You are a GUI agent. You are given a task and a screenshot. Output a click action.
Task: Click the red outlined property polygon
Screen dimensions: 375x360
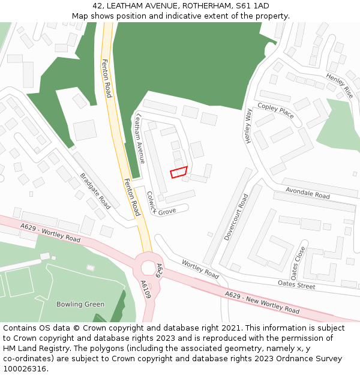click(x=179, y=172)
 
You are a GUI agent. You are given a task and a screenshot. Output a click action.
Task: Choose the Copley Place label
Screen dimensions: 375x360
click(x=275, y=110)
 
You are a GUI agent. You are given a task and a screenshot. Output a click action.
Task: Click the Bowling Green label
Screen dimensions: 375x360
click(x=80, y=304)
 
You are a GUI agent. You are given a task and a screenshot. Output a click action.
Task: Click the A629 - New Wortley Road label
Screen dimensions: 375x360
click(x=262, y=302)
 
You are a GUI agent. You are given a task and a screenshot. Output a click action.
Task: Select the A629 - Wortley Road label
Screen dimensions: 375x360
click(x=50, y=232)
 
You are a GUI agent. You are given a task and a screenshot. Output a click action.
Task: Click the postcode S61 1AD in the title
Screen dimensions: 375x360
click(x=252, y=6)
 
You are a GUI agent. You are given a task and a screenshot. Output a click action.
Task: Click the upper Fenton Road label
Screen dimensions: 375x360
click(x=107, y=78)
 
